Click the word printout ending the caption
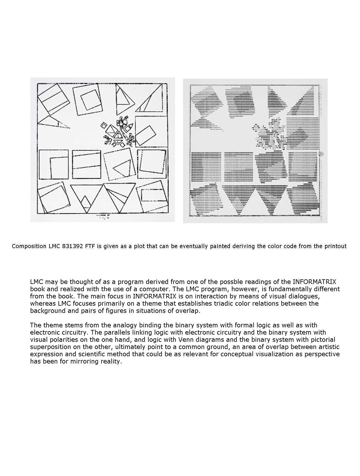click(335, 246)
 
